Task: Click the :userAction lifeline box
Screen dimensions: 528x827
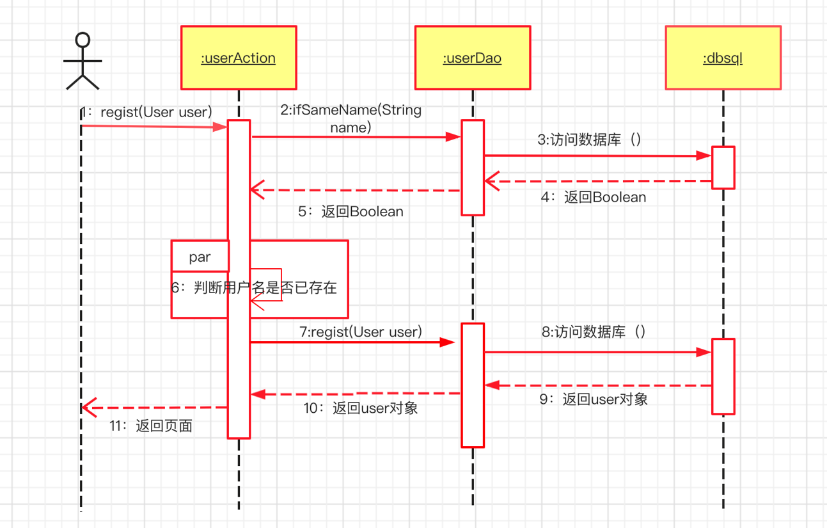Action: click(239, 58)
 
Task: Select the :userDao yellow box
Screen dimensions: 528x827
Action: click(472, 58)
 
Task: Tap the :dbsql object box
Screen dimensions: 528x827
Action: click(723, 58)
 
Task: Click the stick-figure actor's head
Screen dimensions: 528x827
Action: click(83, 41)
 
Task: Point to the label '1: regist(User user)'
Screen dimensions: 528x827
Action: click(146, 113)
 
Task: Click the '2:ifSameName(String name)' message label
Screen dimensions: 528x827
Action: click(350, 118)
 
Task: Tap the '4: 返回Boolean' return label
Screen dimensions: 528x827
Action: click(594, 197)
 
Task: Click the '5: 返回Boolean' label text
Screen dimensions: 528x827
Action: click(350, 211)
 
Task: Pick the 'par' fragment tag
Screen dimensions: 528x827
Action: click(200, 257)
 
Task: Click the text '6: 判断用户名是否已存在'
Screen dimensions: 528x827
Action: click(254, 287)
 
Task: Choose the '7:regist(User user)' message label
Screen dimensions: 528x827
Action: click(361, 332)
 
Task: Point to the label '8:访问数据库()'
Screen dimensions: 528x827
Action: click(594, 332)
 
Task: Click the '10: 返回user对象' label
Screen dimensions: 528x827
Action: click(361, 408)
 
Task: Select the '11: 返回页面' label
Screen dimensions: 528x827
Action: click(150, 426)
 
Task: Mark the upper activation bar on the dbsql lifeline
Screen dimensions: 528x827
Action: click(723, 167)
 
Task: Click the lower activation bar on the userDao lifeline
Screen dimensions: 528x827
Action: click(472, 385)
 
